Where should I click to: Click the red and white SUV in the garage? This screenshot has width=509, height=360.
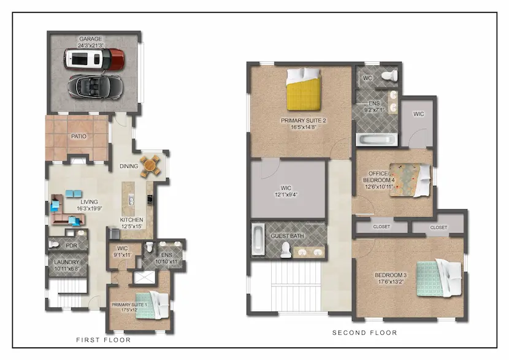[x=94, y=59]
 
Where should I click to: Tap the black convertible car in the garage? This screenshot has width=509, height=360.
[x=95, y=86]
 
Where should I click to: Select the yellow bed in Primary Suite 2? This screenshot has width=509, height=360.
[x=304, y=90]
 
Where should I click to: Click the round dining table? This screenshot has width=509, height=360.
[x=150, y=166]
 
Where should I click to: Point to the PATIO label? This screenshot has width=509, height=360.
[x=79, y=136]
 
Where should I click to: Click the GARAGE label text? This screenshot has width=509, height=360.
[x=91, y=39]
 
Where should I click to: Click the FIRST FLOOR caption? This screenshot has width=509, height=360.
[x=104, y=340]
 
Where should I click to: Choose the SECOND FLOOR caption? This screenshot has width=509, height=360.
[x=364, y=333]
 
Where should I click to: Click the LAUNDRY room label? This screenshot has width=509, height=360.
[x=67, y=262]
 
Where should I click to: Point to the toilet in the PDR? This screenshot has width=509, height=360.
[x=53, y=245]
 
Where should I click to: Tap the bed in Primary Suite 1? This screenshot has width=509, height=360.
[x=152, y=306]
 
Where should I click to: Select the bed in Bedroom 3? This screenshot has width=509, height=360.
[x=439, y=278]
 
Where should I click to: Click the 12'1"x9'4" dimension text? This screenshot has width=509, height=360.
[x=286, y=195]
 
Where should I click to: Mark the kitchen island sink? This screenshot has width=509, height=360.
[x=131, y=200]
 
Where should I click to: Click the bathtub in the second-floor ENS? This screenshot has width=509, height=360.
[x=377, y=140]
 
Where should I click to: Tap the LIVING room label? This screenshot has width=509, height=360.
[x=90, y=202]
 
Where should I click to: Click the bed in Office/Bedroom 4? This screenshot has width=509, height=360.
[x=410, y=180]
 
